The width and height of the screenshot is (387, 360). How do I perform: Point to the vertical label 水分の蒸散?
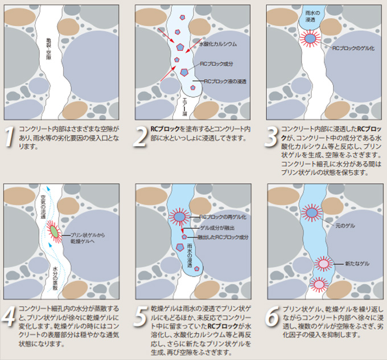[x=55, y=272]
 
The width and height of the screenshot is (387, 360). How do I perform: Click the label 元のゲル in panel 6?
[x=347, y=226]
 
